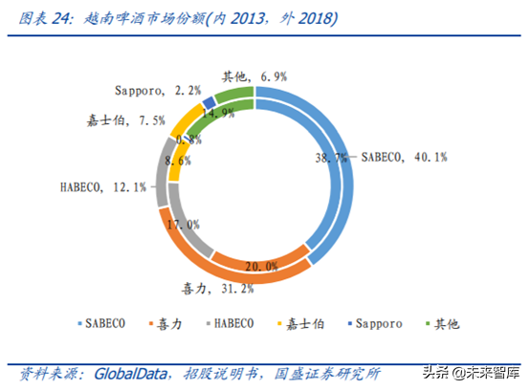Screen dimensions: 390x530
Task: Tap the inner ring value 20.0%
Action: click(x=262, y=266)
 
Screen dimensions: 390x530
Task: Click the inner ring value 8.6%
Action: click(x=179, y=163)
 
